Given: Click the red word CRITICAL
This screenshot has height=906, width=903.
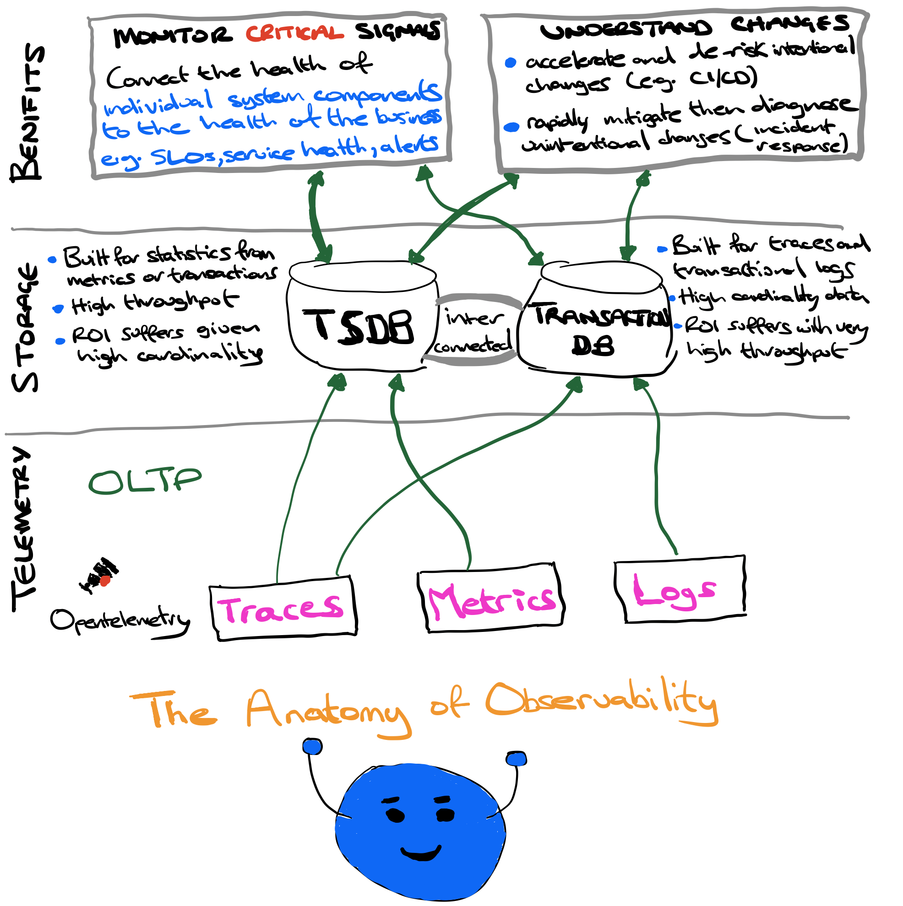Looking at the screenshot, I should point(294,33).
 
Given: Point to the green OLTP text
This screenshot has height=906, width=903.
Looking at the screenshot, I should point(145,482).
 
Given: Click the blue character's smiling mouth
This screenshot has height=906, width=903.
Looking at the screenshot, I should point(421,852).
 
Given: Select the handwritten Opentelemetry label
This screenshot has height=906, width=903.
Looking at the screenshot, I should point(120,621).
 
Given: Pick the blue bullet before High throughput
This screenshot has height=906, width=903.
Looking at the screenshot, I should point(58,308).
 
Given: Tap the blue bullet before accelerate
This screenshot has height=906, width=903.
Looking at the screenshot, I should point(511,62).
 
